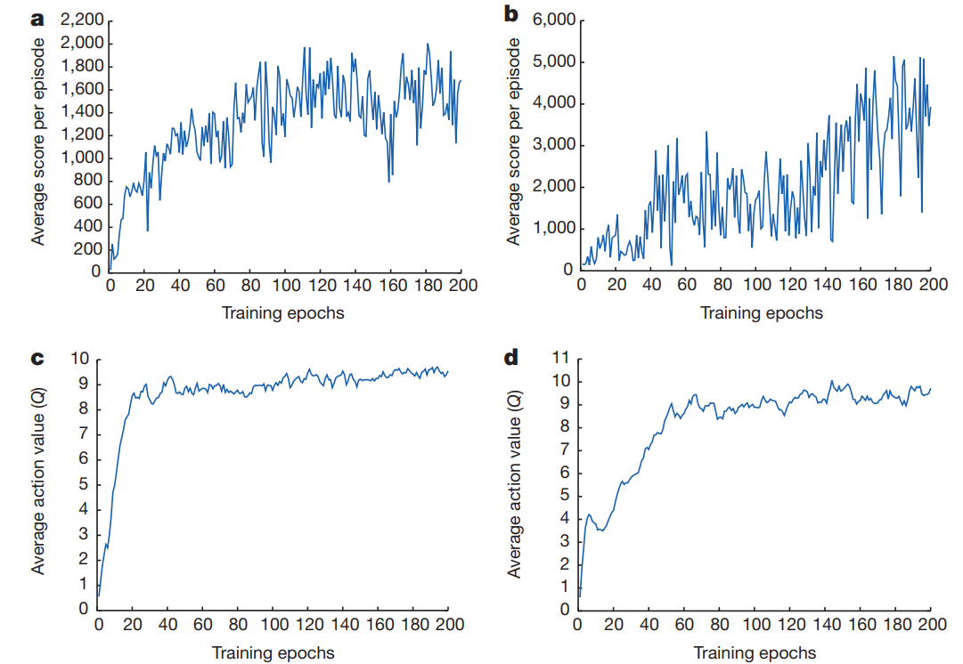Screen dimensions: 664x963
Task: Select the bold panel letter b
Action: [511, 14]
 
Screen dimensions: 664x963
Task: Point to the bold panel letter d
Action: [511, 358]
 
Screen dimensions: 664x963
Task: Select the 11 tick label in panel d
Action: [561, 358]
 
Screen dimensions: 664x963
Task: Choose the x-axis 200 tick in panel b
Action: [931, 286]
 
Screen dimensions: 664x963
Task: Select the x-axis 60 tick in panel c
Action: [203, 624]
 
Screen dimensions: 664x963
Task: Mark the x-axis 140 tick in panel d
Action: [826, 624]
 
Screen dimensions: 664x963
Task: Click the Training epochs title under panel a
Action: [283, 312]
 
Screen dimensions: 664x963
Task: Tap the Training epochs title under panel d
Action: [755, 652]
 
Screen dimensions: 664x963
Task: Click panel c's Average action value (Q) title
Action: [38, 484]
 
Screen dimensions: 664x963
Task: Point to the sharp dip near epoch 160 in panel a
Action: [389, 181]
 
